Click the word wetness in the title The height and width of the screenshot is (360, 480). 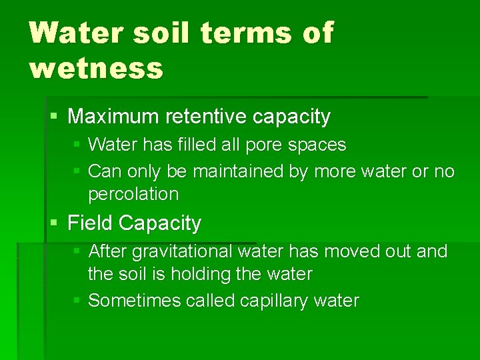[96, 68]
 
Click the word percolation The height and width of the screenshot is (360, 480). [133, 194]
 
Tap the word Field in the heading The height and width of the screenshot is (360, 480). [89, 223]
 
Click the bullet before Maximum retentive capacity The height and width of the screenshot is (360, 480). [54, 117]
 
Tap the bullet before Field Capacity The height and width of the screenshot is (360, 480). [54, 223]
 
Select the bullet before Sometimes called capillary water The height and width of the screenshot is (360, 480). [77, 301]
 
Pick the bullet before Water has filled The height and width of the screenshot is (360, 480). [77, 145]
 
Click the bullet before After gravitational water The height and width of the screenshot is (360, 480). [77, 251]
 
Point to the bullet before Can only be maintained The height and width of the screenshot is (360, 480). [77, 171]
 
